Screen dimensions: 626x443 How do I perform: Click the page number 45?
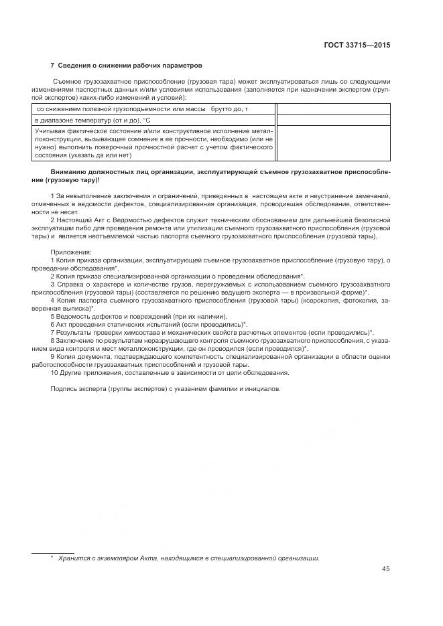(x=385, y=569)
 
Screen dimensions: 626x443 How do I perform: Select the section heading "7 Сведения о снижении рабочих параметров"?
(x=126, y=66)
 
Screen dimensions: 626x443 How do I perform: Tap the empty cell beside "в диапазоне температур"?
(x=332, y=120)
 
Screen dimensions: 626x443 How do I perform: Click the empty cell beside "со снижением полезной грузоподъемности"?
(x=332, y=108)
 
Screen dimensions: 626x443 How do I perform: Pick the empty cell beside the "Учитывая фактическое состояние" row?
(x=332, y=143)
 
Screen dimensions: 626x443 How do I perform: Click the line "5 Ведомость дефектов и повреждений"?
(x=139, y=316)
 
